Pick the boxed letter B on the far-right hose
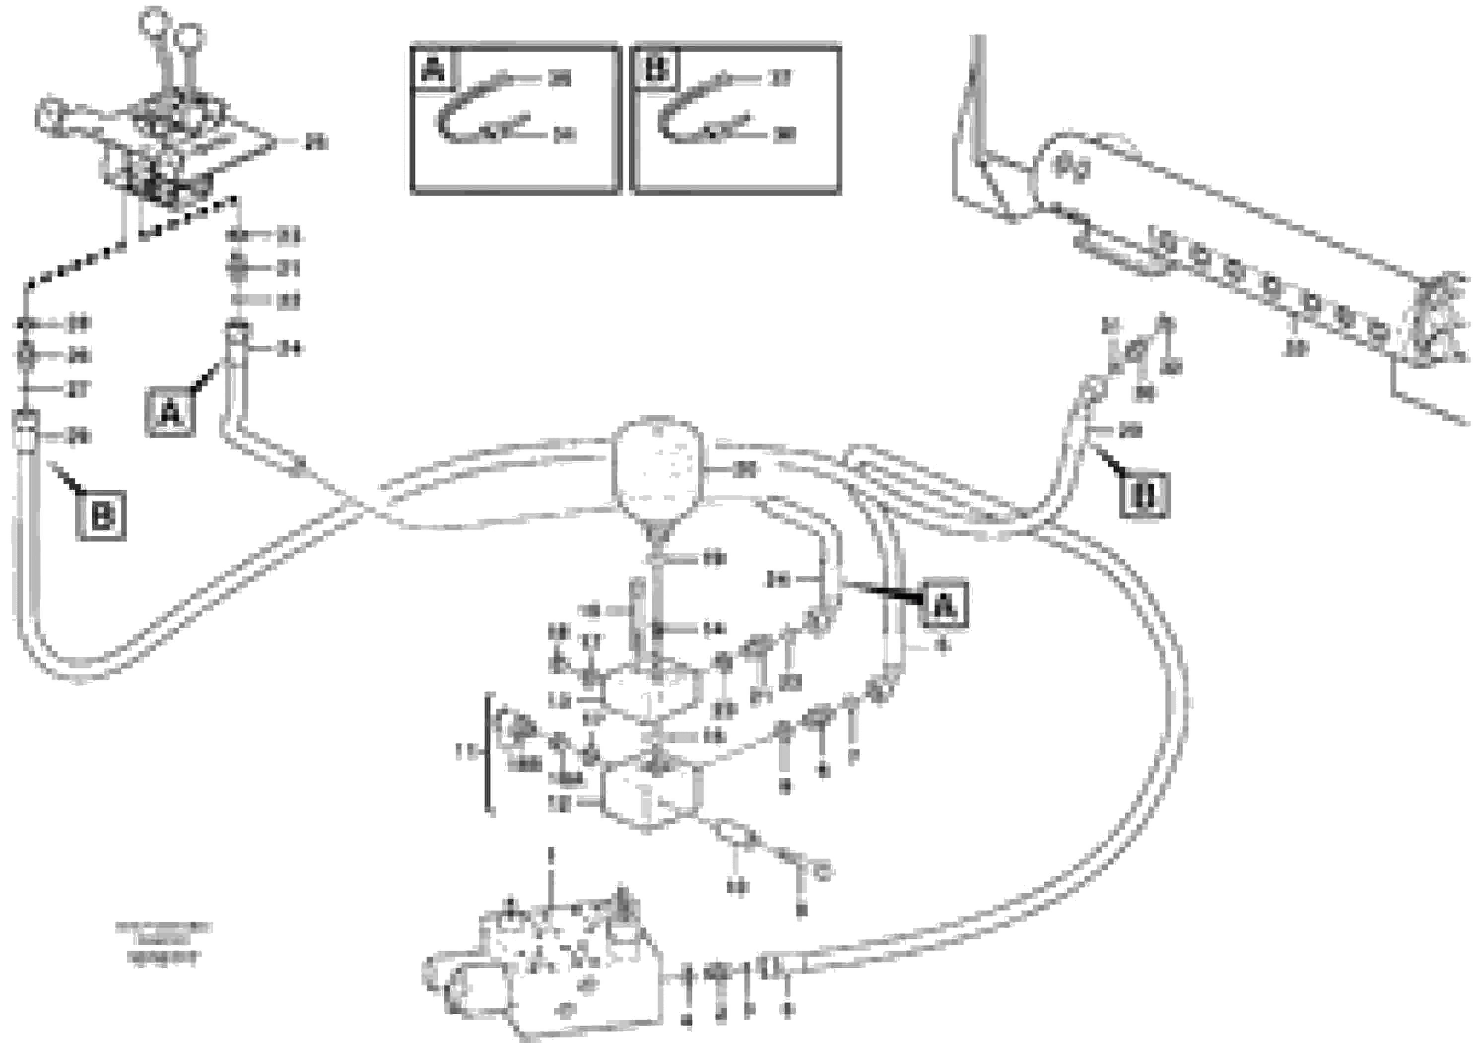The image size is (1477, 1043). coord(1145,495)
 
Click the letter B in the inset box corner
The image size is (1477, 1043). coord(656,69)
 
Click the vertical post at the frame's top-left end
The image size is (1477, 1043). coord(978,96)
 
